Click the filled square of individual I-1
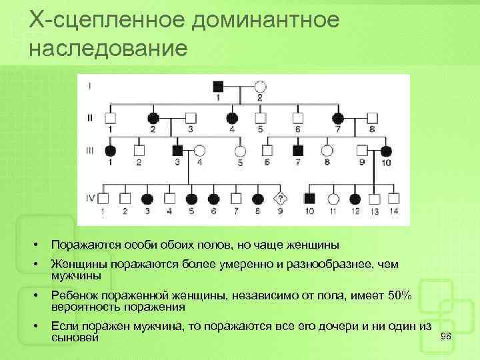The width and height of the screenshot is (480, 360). (217, 86)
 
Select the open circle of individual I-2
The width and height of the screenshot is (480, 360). (261, 86)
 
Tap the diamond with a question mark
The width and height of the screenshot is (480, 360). (281, 198)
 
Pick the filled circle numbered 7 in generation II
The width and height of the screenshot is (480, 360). (338, 117)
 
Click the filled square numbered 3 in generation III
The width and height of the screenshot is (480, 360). (177, 150)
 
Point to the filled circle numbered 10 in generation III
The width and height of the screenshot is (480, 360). (385, 150)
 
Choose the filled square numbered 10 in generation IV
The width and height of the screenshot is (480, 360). (309, 198)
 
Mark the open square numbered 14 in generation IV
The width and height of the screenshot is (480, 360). (394, 198)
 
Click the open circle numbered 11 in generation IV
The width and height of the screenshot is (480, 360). (333, 198)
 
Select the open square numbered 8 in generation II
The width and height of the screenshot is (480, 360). (372, 117)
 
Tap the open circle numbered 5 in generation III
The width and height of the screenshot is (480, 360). (240, 150)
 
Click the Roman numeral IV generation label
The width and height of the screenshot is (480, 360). (90, 198)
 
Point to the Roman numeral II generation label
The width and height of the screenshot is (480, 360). (89, 117)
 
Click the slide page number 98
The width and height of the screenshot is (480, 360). (445, 336)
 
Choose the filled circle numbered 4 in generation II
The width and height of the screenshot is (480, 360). (232, 117)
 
